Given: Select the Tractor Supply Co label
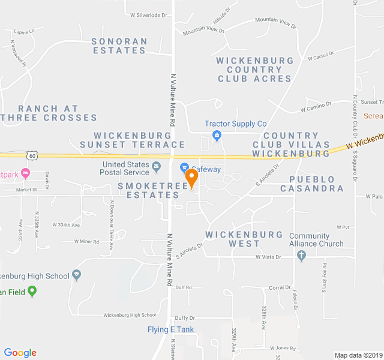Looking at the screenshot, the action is coord(235,124).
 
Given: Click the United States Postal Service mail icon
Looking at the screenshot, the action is coord(157,166).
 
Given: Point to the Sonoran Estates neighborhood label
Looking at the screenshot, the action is coord(119,46).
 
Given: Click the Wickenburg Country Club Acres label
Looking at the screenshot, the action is coord(255,70).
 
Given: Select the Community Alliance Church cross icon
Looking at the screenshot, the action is coord(301,256).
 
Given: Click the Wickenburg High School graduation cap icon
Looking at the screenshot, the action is coord(76,275).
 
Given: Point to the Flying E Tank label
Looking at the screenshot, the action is coord(171,329).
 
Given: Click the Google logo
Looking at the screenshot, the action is coord(20,353).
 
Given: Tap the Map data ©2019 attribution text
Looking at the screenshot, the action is coord(358,355).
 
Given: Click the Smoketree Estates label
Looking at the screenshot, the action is coord(149,191).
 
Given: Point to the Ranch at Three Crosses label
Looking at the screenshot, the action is coord(49,113).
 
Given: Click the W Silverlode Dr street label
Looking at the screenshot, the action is coord(148,14).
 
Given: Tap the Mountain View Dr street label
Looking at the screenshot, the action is coord(203,30).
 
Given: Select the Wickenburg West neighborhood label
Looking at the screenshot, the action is coord(244,239).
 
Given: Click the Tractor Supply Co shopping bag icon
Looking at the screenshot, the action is coord(217,134).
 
